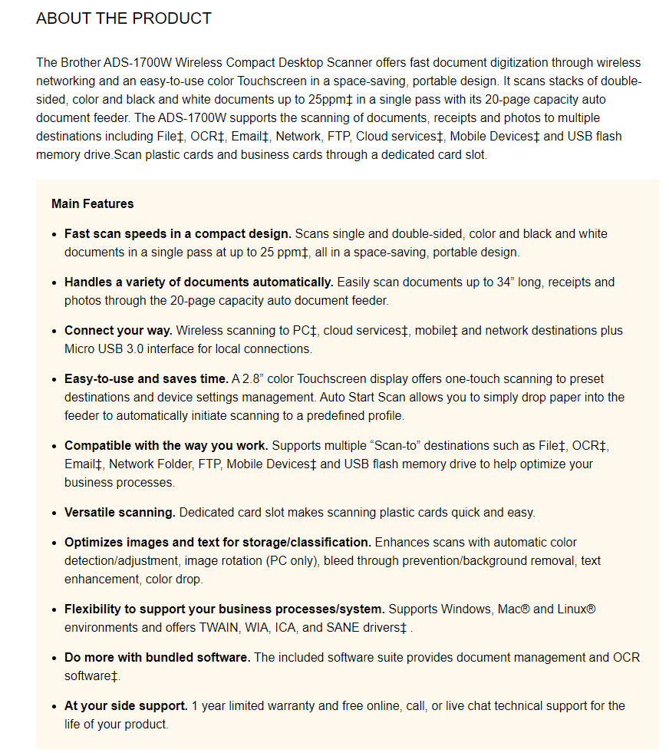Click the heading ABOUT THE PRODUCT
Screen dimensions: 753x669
(x=124, y=18)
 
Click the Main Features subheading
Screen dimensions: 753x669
(x=93, y=203)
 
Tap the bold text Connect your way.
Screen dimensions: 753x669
(x=118, y=331)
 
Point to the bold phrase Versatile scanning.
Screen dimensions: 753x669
(x=120, y=512)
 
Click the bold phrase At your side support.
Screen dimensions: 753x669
(x=126, y=705)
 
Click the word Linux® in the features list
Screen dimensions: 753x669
(x=576, y=609)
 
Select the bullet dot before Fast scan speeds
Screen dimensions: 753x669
(x=54, y=234)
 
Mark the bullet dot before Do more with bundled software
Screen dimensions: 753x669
(x=54, y=658)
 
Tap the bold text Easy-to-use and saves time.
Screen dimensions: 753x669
(x=146, y=379)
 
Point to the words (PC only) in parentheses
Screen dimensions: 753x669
(x=291, y=561)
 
